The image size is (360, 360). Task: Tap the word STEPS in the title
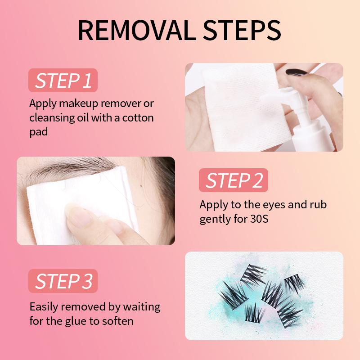click(x=242, y=30)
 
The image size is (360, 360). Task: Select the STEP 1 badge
click(x=63, y=81)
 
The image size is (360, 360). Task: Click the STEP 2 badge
click(x=234, y=180)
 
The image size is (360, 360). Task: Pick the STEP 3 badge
click(x=63, y=281)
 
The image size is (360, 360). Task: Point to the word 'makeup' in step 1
click(x=78, y=104)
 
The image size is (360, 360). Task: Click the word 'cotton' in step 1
click(x=138, y=118)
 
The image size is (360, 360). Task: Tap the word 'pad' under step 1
click(x=39, y=132)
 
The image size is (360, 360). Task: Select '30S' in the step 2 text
click(x=259, y=219)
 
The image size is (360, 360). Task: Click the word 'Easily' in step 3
click(x=44, y=307)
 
